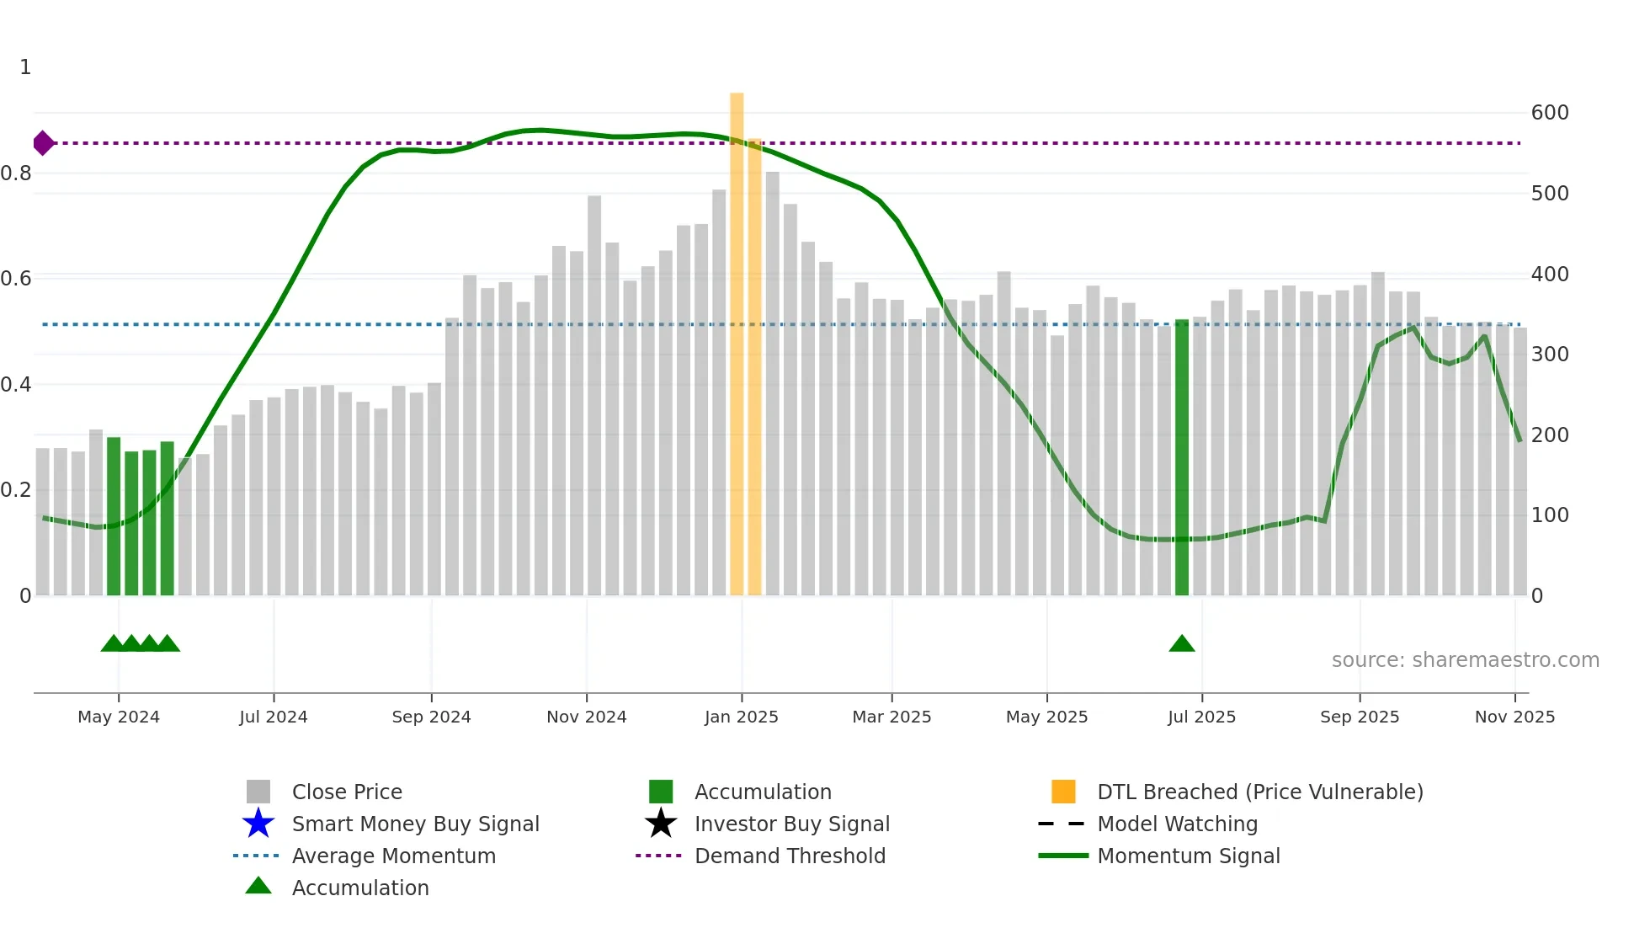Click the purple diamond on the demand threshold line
43,143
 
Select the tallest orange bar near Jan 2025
737,345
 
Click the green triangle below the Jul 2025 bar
1182,644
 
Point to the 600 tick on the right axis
1550,113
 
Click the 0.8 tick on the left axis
16,173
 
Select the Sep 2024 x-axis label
431,717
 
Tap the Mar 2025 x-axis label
892,717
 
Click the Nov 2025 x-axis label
1514,717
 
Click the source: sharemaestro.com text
1465,660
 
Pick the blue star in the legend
258,824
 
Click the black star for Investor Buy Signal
661,824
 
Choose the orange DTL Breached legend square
1063,792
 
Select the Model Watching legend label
1177,824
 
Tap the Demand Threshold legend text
790,856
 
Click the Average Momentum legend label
393,856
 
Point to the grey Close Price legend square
258,792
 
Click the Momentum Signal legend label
1188,856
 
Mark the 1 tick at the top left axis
25,67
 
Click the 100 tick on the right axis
1550,515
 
